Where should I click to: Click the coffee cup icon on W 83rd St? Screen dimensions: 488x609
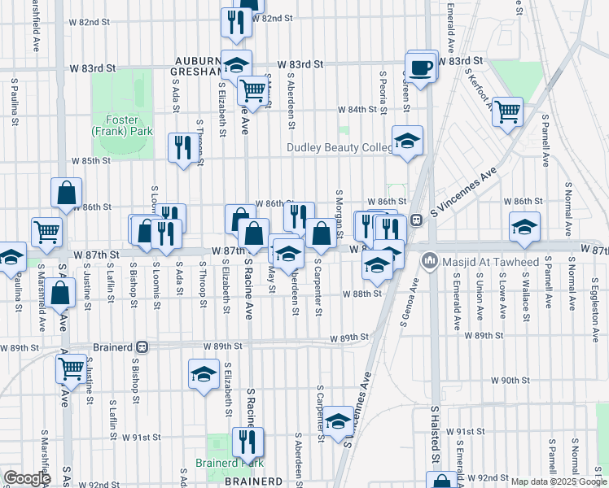point(421,68)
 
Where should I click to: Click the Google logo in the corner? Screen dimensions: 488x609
point(28,478)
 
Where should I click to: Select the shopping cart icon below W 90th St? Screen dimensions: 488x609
point(72,368)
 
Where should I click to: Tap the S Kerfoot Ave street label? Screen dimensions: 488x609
point(478,81)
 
